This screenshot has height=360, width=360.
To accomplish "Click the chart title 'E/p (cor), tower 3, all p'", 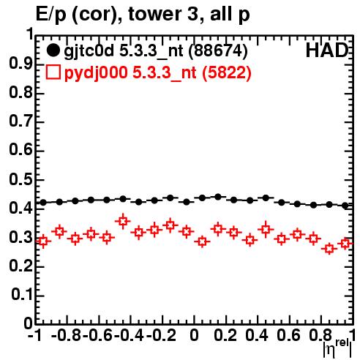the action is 143,15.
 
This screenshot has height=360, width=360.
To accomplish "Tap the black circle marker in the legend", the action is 53,50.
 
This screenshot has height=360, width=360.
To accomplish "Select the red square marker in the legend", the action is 53,72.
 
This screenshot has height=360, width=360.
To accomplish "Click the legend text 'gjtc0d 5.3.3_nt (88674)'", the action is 156,50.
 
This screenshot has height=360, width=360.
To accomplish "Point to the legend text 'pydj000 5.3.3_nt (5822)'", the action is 157,72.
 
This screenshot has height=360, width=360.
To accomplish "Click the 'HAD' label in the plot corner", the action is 327,50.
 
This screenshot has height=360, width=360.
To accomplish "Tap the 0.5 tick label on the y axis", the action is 20,179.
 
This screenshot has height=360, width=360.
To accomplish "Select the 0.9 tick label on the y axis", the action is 20,64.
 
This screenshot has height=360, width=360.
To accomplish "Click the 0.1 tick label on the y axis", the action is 22,295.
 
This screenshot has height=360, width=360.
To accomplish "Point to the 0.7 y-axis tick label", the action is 20,121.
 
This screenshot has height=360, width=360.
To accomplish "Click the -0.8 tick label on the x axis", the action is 66,335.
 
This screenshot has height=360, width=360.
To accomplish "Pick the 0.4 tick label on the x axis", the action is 257,335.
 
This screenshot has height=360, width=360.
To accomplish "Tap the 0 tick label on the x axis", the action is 194,335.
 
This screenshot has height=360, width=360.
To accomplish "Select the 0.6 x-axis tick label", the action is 288,335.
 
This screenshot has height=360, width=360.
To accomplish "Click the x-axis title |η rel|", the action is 337,348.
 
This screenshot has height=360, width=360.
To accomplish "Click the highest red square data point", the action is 123,221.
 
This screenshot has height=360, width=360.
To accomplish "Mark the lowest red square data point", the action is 329,249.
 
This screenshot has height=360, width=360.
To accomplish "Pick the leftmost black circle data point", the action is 43,203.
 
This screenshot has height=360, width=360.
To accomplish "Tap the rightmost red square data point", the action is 345,243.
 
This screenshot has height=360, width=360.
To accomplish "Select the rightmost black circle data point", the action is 345,206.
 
